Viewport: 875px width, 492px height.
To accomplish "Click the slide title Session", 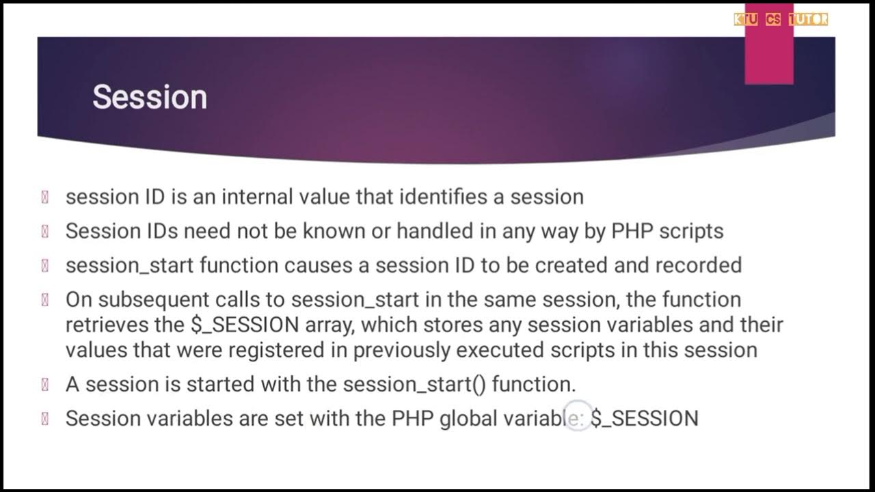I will pyautogui.click(x=150, y=97).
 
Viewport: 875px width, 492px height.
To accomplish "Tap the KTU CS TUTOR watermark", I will pyautogui.click(x=781, y=20).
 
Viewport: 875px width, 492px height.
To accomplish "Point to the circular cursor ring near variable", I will pyautogui.click(x=578, y=416).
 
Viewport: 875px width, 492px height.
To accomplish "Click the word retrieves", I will pyautogui.click(x=109, y=325).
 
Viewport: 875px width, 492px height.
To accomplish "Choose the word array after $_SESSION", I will pyautogui.click(x=329, y=325).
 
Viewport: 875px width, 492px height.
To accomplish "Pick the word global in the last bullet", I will pyautogui.click(x=469, y=418).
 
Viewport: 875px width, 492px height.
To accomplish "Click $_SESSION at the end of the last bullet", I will pyautogui.click(x=645, y=418).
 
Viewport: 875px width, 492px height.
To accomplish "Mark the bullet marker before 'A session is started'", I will pyautogui.click(x=45, y=385).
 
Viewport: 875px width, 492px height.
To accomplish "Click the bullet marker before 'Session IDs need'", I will pyautogui.click(x=45, y=232).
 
